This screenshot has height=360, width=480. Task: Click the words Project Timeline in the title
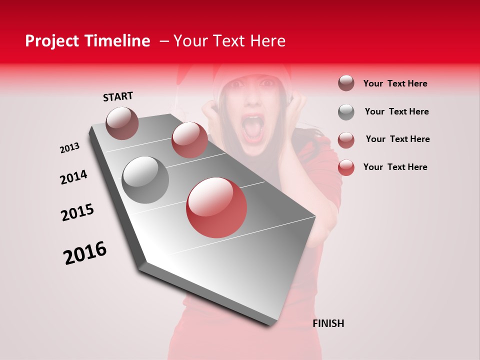pos(87,41)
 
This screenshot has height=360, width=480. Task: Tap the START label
pos(118,96)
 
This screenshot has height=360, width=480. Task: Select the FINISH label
pos(328,323)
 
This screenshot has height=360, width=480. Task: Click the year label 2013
pos(69,148)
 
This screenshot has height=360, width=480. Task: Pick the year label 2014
pos(73,177)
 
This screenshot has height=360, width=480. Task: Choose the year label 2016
pos(85,253)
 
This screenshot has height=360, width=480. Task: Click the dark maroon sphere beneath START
pos(122,123)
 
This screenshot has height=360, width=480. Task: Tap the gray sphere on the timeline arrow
pos(145,179)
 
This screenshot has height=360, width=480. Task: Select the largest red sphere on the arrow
pos(216,207)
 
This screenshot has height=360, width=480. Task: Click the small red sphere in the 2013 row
pos(189,140)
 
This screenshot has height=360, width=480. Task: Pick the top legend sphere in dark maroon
pos(346,83)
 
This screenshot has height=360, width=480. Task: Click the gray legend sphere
pos(346,112)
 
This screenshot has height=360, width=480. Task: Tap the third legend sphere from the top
pos(346,140)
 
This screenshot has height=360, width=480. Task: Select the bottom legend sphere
pos(346,167)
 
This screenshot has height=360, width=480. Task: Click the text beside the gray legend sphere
pos(396,111)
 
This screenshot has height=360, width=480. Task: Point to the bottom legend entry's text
pos(395,167)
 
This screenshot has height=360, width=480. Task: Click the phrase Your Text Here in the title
pos(229,41)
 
